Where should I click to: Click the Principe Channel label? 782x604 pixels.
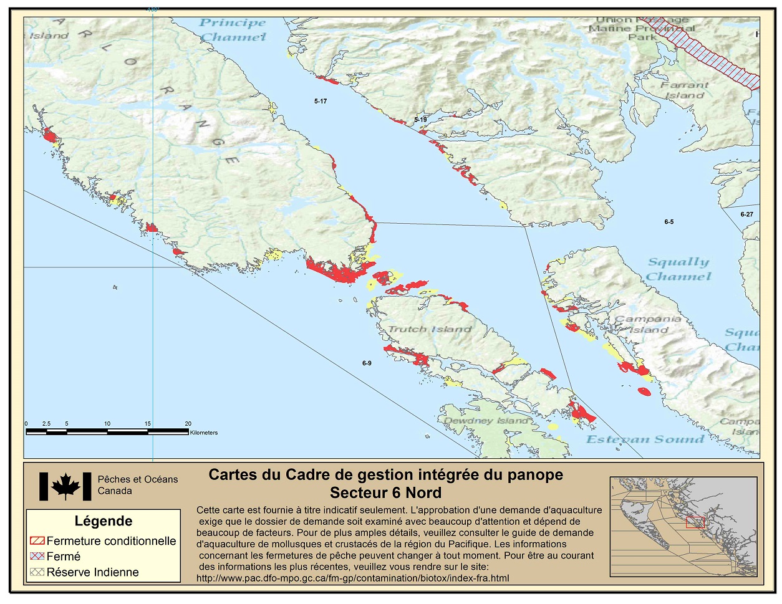tap(233, 30)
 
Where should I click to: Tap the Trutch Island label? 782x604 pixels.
tap(430, 329)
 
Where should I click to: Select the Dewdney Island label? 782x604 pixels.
tap(486, 421)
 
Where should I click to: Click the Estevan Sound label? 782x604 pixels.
tap(645, 439)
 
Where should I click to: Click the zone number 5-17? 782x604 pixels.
tap(321, 101)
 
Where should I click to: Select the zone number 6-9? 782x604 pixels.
tap(367, 363)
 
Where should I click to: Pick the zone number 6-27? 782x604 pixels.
tap(746, 214)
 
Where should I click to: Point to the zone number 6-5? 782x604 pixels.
tap(669, 222)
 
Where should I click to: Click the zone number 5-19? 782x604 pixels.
tap(420, 120)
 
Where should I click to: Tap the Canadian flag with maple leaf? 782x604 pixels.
tap(65, 486)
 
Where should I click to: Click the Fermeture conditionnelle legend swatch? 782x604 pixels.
tap(37, 541)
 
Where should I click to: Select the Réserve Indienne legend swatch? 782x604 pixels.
tap(37, 572)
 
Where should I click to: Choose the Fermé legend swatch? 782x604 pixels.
tap(37, 557)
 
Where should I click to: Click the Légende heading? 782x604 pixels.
tap(104, 521)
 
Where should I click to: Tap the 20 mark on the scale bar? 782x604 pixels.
tap(188, 424)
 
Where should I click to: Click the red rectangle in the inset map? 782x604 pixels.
tap(695, 522)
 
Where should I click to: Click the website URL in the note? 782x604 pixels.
tap(352, 578)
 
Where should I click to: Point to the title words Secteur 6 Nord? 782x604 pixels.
tap(385, 493)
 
